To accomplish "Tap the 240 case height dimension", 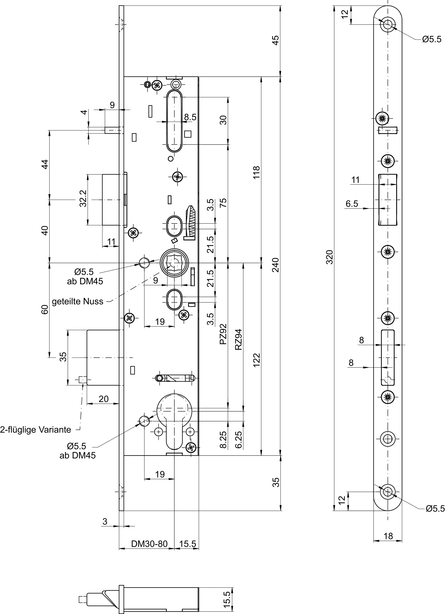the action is pyautogui.click(x=275, y=265).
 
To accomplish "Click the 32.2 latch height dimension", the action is pyautogui.click(x=83, y=199).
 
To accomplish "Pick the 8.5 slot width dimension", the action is pyautogui.click(x=190, y=117).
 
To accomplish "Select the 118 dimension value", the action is pyautogui.click(x=256, y=172).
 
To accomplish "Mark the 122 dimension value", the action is pyautogui.click(x=256, y=360).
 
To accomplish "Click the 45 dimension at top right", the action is pyautogui.click(x=275, y=40).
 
